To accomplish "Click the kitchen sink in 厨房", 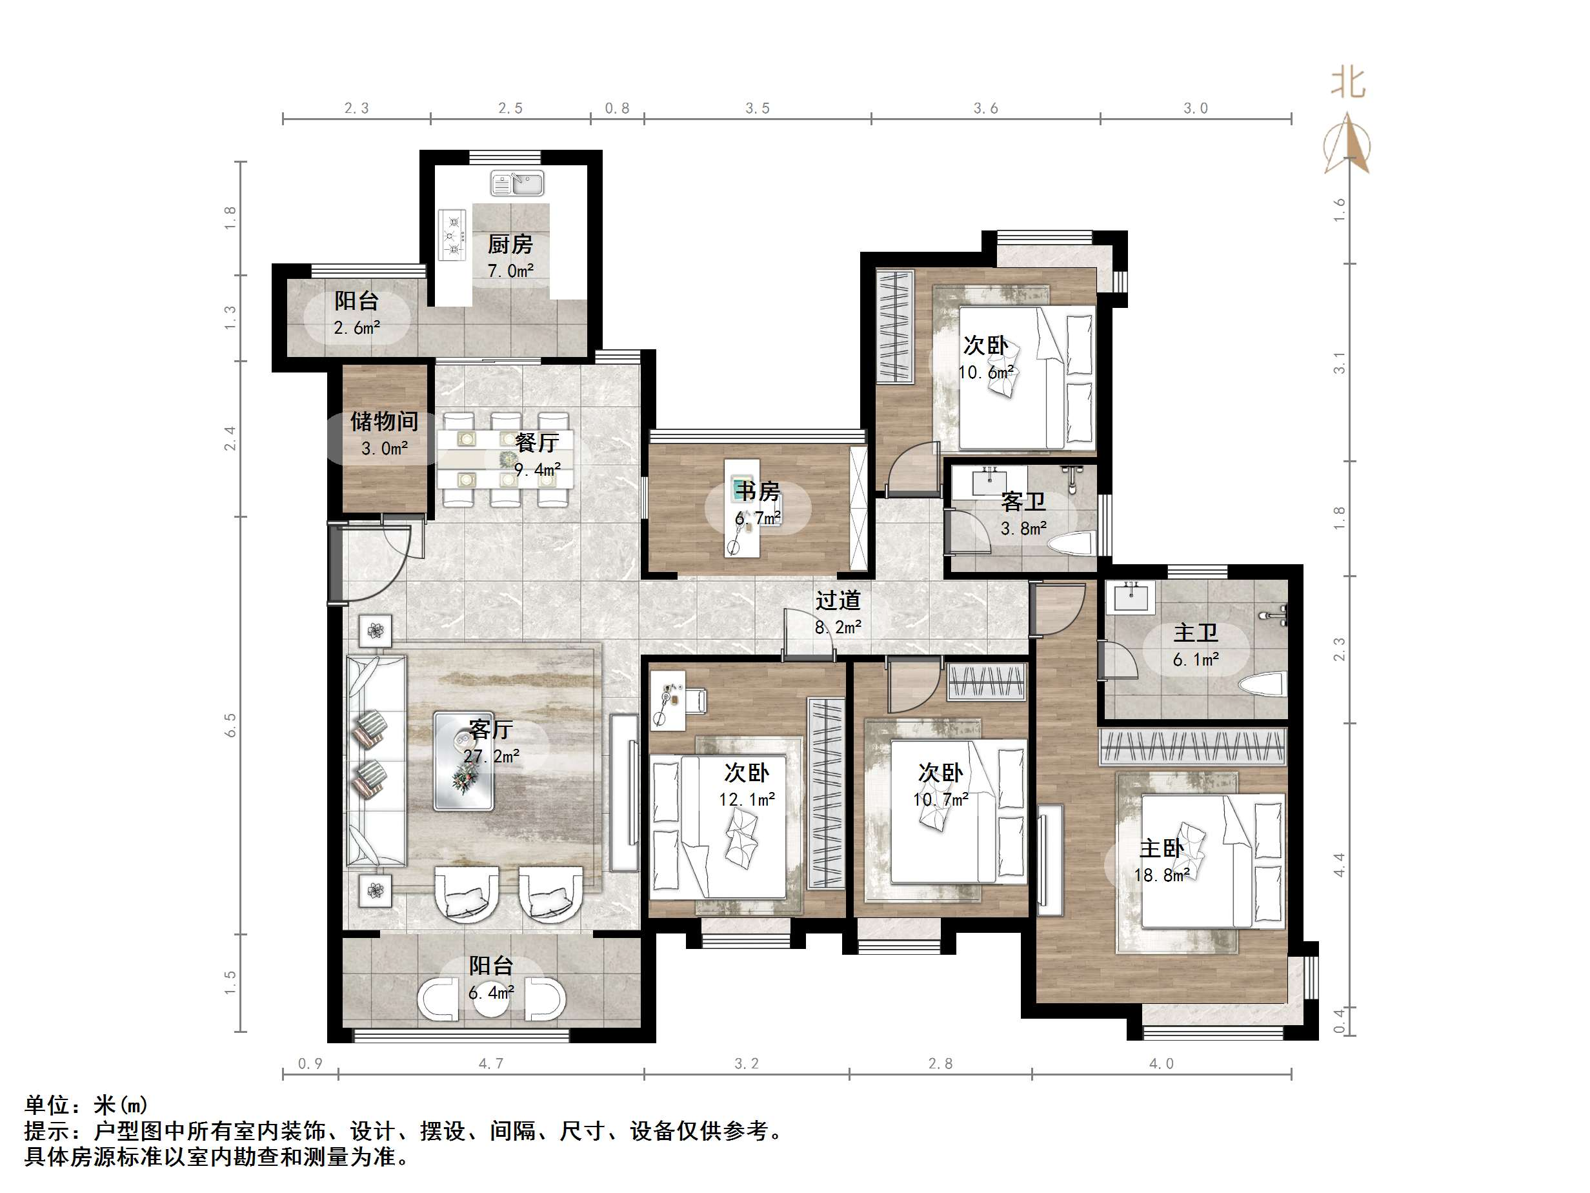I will click(x=517, y=183).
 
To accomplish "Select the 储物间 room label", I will click(x=384, y=421).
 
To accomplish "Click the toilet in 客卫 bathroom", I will click(x=1072, y=544).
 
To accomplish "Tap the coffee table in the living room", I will click(x=463, y=760).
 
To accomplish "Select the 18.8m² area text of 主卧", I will click(x=1162, y=875).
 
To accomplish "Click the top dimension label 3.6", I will click(x=985, y=108).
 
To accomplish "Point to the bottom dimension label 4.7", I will click(x=491, y=1063).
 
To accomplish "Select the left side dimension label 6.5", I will click(x=230, y=725).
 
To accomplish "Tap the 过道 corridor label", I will click(x=838, y=600).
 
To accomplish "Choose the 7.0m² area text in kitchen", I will click(x=510, y=271).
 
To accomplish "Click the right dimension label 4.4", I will click(x=1339, y=864).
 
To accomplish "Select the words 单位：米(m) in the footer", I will click(x=86, y=1105).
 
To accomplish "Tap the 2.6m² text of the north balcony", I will click(x=357, y=328).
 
